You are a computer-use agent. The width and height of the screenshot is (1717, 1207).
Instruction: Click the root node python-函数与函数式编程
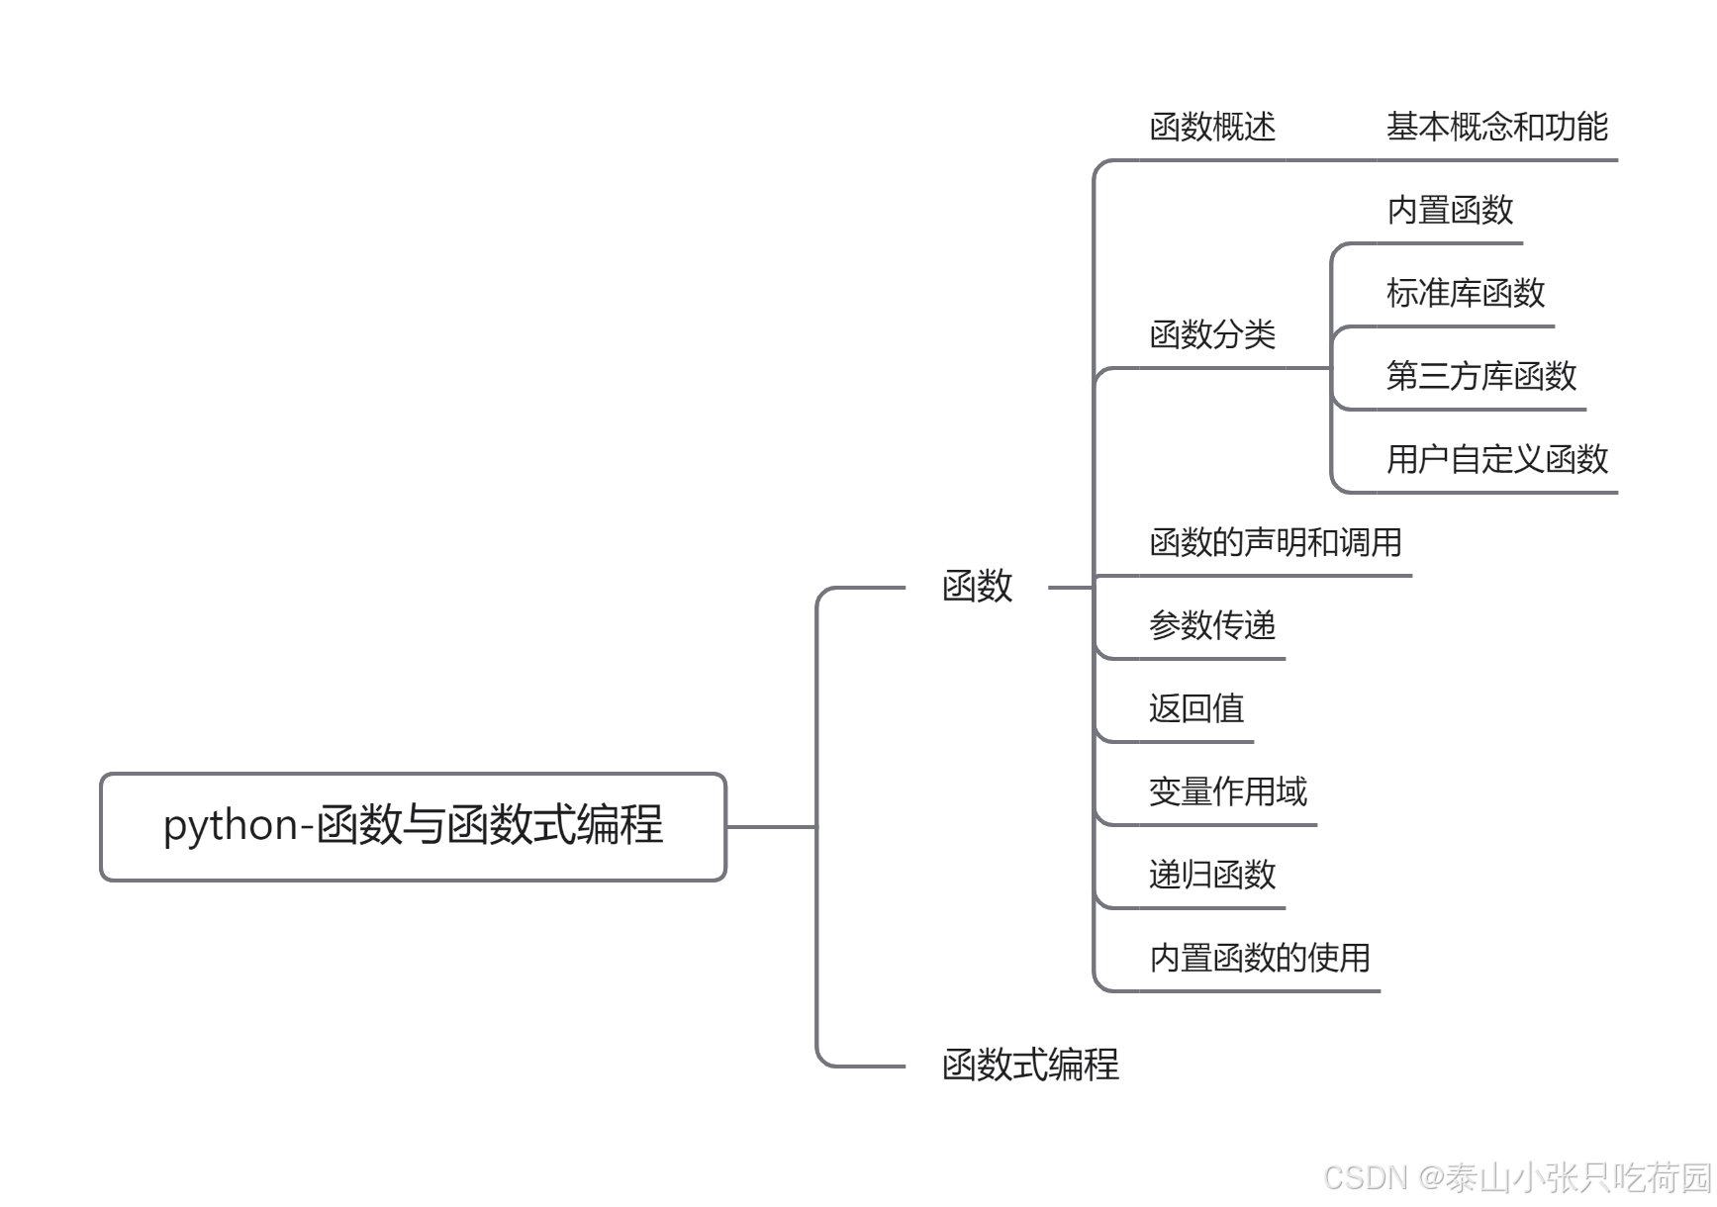(413, 826)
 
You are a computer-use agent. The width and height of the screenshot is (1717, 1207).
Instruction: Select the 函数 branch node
(977, 587)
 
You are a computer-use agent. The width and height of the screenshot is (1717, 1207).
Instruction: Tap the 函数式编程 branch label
(1030, 1066)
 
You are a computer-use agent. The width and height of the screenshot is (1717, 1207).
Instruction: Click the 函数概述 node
(1212, 128)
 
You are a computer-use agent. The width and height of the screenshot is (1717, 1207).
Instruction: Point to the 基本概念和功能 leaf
(1496, 128)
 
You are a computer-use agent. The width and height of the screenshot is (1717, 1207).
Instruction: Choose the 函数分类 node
(1212, 335)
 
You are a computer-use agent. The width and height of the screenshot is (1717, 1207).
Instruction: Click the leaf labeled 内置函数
(1450, 211)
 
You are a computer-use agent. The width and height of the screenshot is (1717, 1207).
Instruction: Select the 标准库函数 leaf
(1466, 294)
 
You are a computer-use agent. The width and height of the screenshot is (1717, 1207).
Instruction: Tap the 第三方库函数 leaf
(1481, 377)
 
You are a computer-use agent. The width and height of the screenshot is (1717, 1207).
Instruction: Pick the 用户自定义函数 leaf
(1496, 460)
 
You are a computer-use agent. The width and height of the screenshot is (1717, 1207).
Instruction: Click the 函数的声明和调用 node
(1275, 543)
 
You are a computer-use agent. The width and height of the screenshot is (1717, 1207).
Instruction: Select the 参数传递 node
(1212, 626)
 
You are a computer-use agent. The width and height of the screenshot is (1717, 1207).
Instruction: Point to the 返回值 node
(1196, 709)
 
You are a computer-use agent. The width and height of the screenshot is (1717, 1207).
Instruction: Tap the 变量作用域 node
(1227, 792)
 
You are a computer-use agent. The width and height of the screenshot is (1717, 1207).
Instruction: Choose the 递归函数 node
(1212, 876)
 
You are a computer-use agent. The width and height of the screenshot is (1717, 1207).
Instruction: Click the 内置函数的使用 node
(1259, 959)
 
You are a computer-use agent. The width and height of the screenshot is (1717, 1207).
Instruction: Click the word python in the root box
(231, 826)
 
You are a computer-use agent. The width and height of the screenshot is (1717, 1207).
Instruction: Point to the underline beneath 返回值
(1178, 741)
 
